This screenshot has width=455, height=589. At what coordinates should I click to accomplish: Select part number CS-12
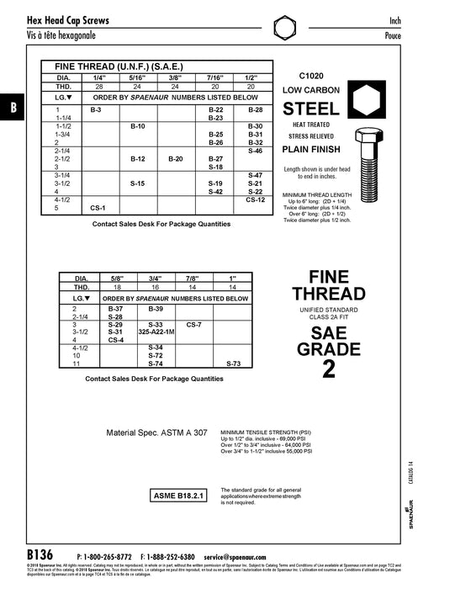(x=256, y=199)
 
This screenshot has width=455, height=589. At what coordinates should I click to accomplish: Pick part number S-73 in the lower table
(x=233, y=363)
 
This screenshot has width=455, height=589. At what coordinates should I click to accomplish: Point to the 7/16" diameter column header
(x=214, y=76)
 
